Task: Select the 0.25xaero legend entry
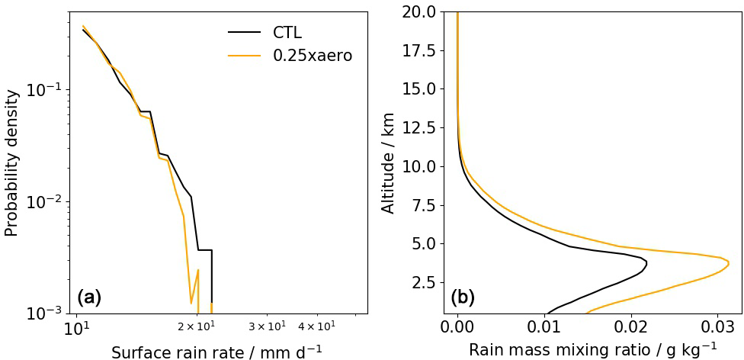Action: pyautogui.click(x=313, y=56)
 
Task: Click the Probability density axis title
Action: pyautogui.click(x=12, y=162)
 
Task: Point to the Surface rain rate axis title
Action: pyautogui.click(x=216, y=352)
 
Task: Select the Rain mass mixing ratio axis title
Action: pyautogui.click(x=592, y=349)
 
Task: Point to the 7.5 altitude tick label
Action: pyautogui.click(x=424, y=205)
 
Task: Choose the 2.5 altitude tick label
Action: pyautogui.click(x=424, y=283)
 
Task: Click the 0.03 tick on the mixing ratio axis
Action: pyautogui.click(x=717, y=326)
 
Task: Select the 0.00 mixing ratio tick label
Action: pyautogui.click(x=457, y=326)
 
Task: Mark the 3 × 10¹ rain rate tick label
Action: pyautogui.click(x=267, y=326)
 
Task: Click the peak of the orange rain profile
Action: pyautogui.click(x=728, y=264)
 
